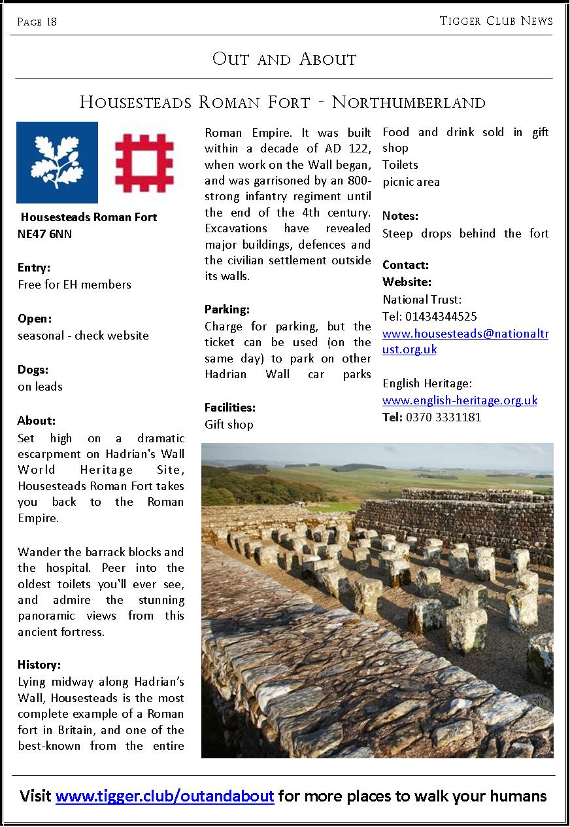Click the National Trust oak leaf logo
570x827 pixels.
[57, 162]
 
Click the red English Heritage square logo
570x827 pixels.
[144, 163]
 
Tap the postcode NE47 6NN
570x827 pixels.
[44, 234]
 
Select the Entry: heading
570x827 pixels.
[34, 268]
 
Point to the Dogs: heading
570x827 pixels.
[33, 370]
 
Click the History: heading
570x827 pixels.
[39, 665]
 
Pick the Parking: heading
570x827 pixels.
[227, 309]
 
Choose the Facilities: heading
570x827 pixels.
[230, 408]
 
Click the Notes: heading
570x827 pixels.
[400, 216]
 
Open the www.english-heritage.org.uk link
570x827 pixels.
[460, 400]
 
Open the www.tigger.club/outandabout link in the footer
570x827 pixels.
[165, 796]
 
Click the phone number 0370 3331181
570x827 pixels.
[443, 417]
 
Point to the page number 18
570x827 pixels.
[51, 22]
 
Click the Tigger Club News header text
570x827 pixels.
[495, 21]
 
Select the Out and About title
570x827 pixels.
[284, 59]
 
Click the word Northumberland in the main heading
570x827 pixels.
[409, 103]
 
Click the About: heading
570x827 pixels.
[37, 421]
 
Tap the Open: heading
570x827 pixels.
[35, 319]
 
